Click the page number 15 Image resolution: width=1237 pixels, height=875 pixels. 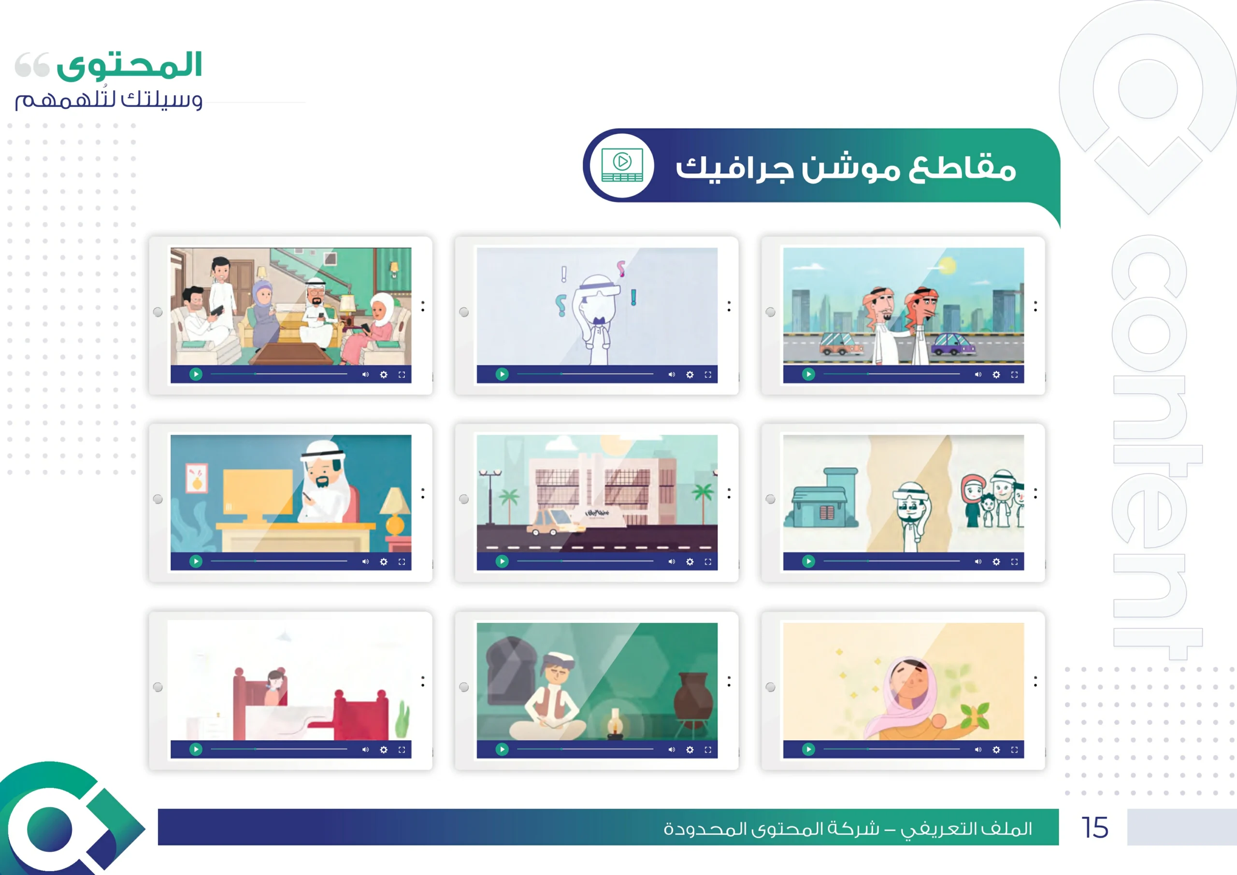(x=1095, y=828)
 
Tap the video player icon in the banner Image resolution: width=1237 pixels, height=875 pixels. (x=622, y=165)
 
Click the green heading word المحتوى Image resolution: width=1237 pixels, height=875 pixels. (x=129, y=66)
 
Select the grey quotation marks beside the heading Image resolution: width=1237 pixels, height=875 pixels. (x=32, y=65)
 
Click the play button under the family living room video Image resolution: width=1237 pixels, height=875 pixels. (x=196, y=374)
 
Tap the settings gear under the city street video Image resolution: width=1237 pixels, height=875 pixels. (x=996, y=374)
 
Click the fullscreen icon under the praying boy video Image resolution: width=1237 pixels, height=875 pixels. (x=708, y=749)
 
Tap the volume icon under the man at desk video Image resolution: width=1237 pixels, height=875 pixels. (x=365, y=561)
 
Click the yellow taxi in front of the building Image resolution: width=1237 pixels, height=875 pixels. (x=555, y=521)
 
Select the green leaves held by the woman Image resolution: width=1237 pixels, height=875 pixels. (x=976, y=714)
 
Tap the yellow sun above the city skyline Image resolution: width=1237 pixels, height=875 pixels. (x=947, y=266)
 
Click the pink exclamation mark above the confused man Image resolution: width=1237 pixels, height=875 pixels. (x=620, y=268)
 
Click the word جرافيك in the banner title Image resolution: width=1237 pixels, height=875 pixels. (x=735, y=168)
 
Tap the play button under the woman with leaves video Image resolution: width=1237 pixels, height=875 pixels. (x=808, y=749)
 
